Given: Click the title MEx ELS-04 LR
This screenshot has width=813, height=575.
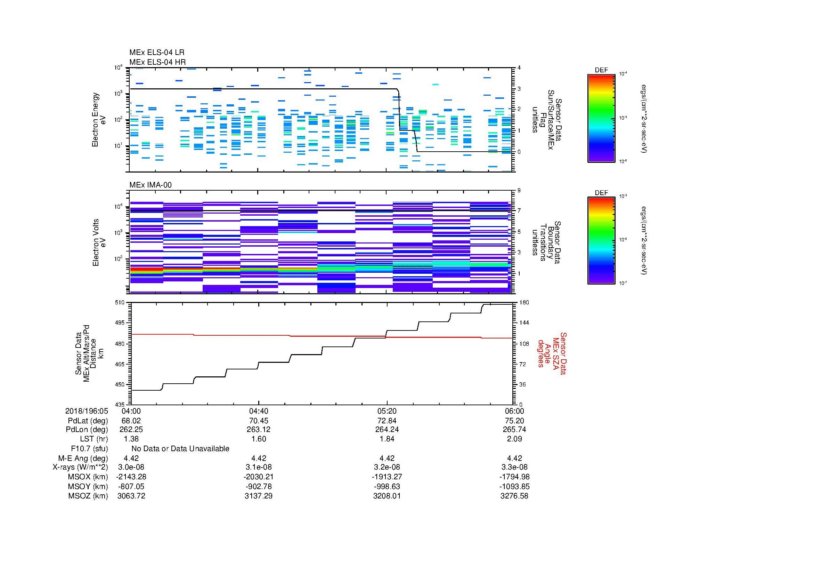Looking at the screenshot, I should tap(156, 53).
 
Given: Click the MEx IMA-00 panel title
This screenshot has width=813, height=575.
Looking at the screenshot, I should tap(150, 185).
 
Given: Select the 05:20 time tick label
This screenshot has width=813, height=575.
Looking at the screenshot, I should tap(387, 411).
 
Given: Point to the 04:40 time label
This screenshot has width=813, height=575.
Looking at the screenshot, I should tap(259, 411).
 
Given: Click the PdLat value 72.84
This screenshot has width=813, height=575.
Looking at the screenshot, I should tap(387, 421).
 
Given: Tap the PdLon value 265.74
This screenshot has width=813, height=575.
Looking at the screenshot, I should tap(514, 429).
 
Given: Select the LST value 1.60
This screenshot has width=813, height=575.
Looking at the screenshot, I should tap(259, 439).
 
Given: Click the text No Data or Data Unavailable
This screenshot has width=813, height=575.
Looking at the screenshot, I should tap(180, 448).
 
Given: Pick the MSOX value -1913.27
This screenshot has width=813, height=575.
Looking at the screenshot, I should tap(387, 477).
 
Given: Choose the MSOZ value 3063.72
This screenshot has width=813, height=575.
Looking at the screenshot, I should tap(131, 496).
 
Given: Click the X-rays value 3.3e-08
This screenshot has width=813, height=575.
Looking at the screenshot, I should tap(514, 467).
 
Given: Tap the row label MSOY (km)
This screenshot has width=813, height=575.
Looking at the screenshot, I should tap(88, 486).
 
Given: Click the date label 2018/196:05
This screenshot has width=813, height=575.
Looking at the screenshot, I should tap(87, 411).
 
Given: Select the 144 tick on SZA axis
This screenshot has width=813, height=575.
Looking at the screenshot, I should tap(524, 323).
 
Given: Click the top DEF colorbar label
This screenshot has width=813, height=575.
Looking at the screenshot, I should tap(601, 70).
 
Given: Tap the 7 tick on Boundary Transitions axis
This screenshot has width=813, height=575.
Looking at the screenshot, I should tap(519, 210).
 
